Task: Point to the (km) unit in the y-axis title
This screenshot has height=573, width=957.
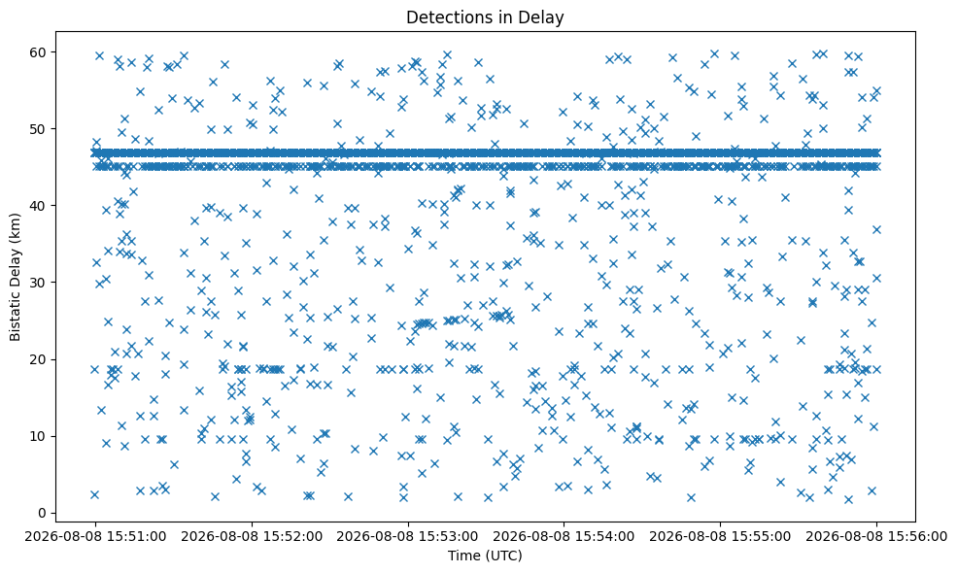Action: coord(16,227)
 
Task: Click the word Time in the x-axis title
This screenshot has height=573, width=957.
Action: coord(463,556)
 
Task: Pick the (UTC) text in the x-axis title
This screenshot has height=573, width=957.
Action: coord(503,556)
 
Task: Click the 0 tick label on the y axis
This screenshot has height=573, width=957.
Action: coord(42,513)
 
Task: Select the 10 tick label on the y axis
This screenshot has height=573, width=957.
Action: coord(39,436)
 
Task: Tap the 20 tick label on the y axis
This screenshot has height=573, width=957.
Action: coord(39,359)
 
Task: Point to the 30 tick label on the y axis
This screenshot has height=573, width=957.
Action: coord(39,283)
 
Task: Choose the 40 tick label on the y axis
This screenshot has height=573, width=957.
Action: coord(39,206)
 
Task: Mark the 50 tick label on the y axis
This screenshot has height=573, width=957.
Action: coord(39,129)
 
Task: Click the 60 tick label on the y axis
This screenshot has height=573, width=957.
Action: coord(39,52)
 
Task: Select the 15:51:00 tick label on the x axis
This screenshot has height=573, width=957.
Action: coord(95,537)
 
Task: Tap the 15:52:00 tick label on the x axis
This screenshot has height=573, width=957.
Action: coord(252,537)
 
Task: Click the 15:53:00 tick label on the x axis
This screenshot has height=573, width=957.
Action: coord(408,537)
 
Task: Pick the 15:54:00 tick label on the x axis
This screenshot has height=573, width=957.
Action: coord(564,537)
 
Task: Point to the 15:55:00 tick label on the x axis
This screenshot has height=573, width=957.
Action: coord(720,537)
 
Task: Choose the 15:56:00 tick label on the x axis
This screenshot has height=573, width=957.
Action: coord(876,537)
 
